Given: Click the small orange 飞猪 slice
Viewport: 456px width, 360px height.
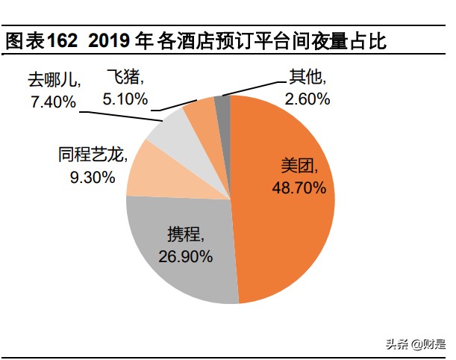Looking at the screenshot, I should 200,112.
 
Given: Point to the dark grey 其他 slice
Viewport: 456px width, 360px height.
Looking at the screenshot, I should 222,108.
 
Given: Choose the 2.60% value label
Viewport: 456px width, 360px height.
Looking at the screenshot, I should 307,99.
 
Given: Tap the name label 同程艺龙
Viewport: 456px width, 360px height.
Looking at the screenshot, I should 92,155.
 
